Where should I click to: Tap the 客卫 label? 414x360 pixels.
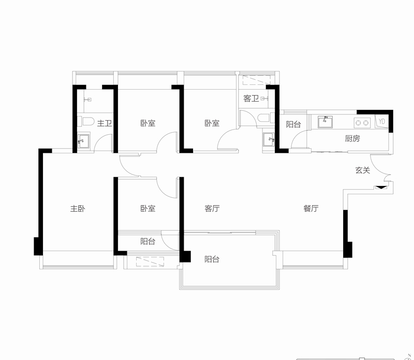[x=251, y=98]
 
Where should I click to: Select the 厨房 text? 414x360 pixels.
[x=352, y=138]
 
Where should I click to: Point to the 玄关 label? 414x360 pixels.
[x=362, y=169]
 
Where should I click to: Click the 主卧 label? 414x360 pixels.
[x=78, y=209]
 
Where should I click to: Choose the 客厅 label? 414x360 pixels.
[x=212, y=209]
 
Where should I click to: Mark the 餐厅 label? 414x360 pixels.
[x=311, y=209]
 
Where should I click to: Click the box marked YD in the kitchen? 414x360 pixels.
[x=382, y=121]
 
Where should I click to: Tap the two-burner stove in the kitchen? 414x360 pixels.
[x=361, y=122]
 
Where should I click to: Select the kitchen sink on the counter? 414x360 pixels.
[x=326, y=122]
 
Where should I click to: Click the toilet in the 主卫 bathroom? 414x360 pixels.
[x=86, y=122]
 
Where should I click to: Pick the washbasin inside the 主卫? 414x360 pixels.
[x=83, y=141]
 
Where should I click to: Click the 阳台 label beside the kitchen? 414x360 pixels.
[x=293, y=124]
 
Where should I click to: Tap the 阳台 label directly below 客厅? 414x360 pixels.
[x=212, y=259]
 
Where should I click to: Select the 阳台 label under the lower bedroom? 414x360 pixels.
[x=148, y=241]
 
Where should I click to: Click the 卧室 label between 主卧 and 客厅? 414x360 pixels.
[x=148, y=209]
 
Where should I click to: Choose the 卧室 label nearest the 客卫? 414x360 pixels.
[x=212, y=123]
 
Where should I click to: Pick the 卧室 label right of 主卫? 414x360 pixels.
[x=148, y=123]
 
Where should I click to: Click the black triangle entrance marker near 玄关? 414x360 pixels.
[x=380, y=187]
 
